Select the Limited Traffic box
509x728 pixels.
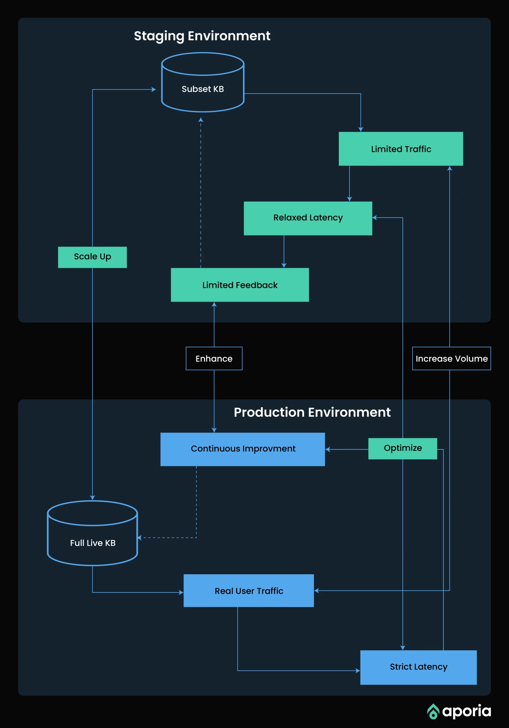(401, 149)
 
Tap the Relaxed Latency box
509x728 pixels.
(308, 218)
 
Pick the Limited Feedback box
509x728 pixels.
(240, 285)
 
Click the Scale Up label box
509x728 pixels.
(92, 257)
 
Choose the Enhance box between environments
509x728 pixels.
(214, 358)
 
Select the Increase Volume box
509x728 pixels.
(451, 358)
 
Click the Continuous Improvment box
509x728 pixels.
(242, 449)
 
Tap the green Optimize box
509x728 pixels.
(402, 448)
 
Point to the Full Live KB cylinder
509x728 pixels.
(92, 536)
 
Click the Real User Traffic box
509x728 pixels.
(248, 590)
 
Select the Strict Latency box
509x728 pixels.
(418, 667)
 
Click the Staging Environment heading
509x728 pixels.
(202, 36)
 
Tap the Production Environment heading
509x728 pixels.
(312, 412)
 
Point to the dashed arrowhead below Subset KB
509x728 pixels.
(201, 120)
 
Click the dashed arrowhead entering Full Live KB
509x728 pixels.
(140, 537)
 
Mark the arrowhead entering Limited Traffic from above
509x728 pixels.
(360, 129)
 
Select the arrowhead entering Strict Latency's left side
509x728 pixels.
(358, 671)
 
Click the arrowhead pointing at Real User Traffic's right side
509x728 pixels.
(316, 590)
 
